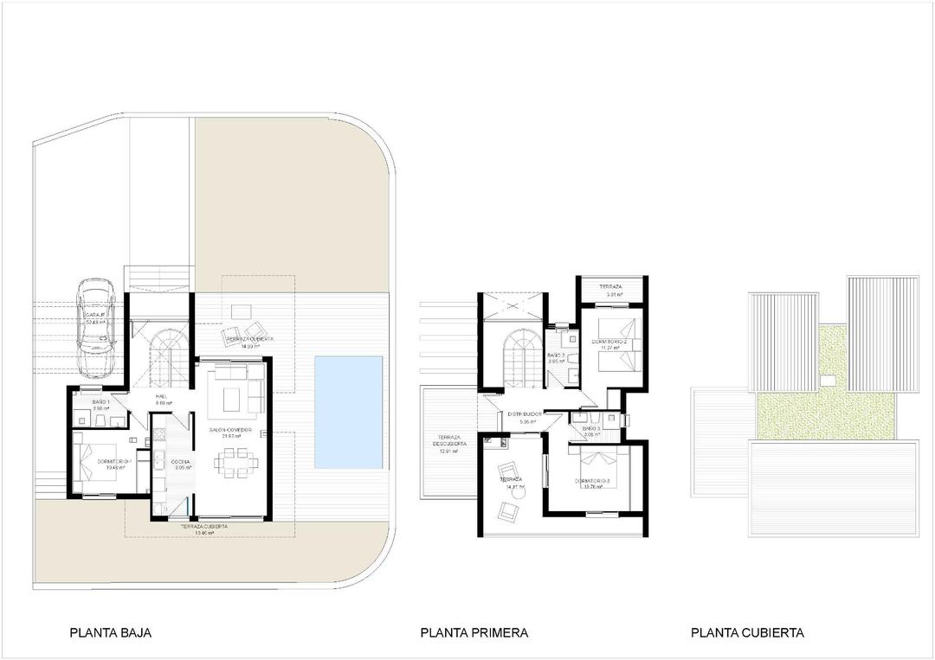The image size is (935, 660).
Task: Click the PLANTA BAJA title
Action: (110, 632)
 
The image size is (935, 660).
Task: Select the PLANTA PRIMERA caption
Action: (474, 632)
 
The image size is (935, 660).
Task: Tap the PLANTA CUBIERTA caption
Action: (747, 632)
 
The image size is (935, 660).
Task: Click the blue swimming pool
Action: (350, 413)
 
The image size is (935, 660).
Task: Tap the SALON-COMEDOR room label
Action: (229, 429)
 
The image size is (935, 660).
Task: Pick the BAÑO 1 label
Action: (102, 402)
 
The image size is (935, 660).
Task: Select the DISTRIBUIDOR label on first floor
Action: (525, 414)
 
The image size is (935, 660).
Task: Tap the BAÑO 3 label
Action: (591, 428)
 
